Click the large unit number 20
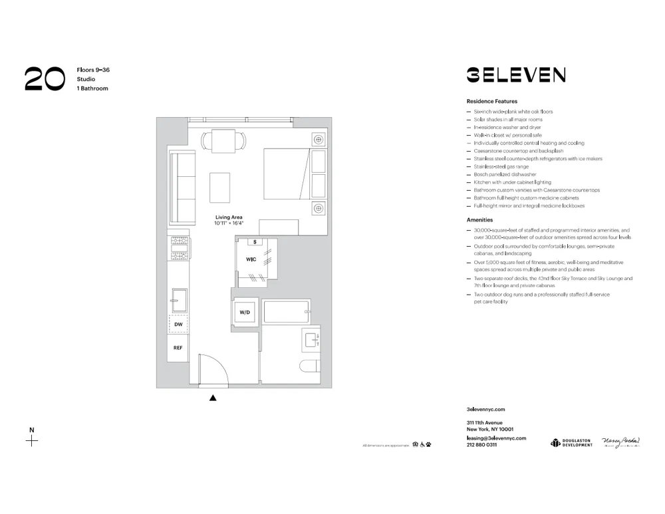point(45,78)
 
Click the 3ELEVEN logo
point(515,74)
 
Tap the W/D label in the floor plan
point(244,312)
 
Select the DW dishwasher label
point(178,324)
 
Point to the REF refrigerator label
point(178,348)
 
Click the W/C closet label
point(251,259)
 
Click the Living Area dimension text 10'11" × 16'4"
point(229,223)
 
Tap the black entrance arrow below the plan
point(213,398)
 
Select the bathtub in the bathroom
point(286,312)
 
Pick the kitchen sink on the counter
point(179,300)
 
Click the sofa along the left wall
point(182,188)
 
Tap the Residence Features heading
point(492,101)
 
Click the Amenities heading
point(479,219)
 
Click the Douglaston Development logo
point(571,443)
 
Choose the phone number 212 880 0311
point(482,445)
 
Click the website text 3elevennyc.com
point(486,410)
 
